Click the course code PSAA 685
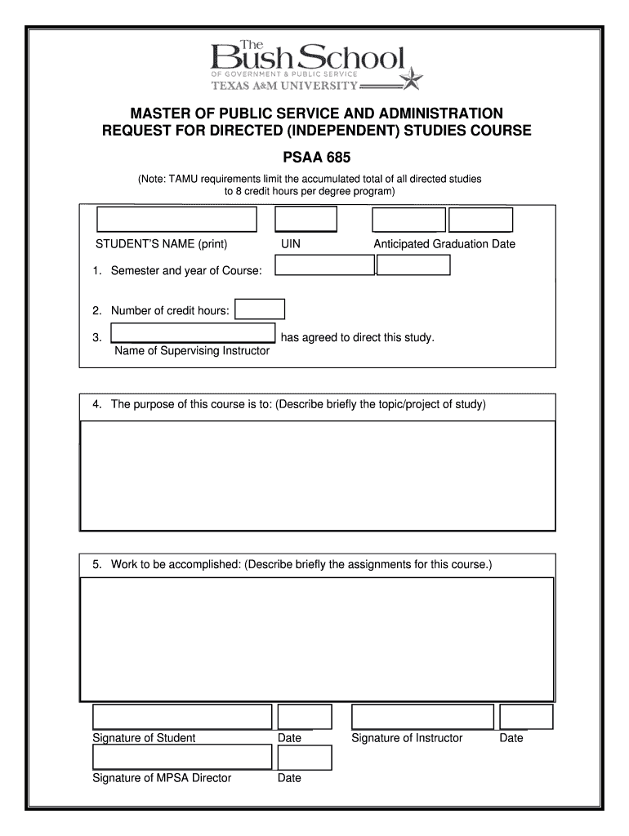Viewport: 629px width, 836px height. tap(314, 156)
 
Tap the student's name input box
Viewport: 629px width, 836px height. tap(176, 220)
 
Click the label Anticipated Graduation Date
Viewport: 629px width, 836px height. tap(444, 244)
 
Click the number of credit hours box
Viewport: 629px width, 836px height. tap(260, 309)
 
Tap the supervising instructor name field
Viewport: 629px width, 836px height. tap(193, 333)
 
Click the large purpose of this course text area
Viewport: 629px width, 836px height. tap(318, 475)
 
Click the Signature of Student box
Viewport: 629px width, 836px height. tap(181, 717)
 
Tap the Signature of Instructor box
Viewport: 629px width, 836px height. tap(422, 717)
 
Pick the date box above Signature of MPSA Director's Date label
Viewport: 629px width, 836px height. tap(305, 758)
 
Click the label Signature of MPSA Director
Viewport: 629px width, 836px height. tap(162, 778)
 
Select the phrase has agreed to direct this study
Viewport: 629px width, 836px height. tap(357, 337)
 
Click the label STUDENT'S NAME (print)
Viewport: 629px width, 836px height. tap(161, 244)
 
